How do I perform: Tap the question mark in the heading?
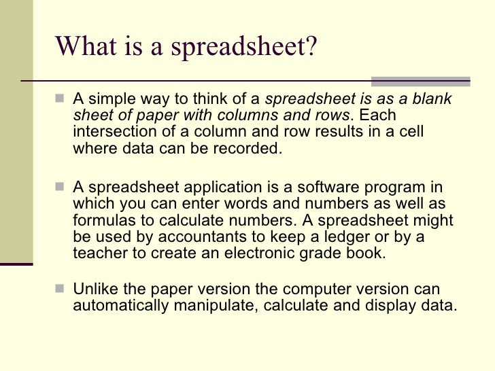pyautogui.click(x=310, y=46)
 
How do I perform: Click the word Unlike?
pyautogui.click(x=92, y=288)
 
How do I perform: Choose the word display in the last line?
pyautogui.click(x=396, y=304)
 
